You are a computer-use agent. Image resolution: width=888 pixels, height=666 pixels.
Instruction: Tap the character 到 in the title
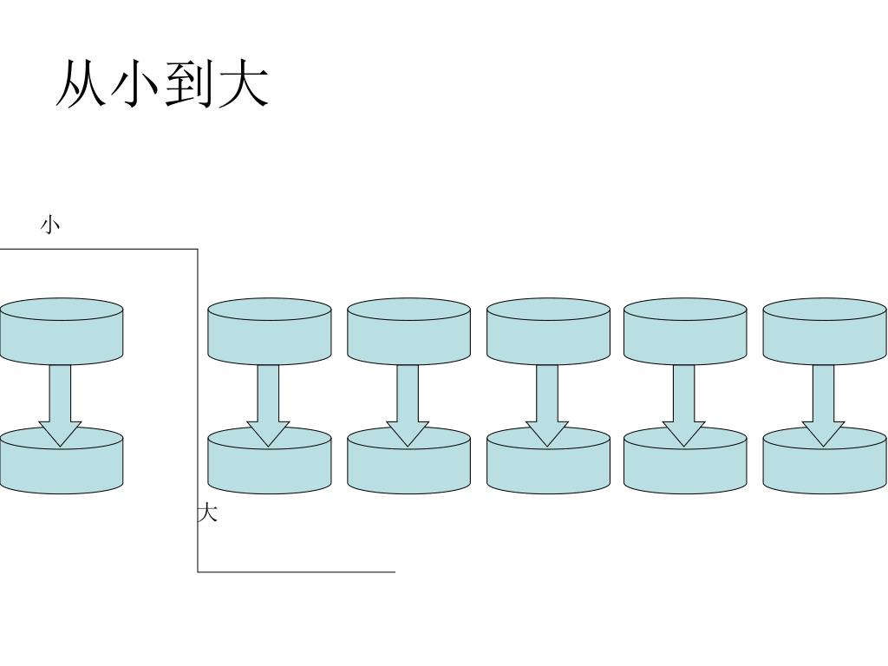pyautogui.click(x=189, y=84)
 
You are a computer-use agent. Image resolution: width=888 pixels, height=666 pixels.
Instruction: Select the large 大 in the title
pyautogui.click(x=243, y=84)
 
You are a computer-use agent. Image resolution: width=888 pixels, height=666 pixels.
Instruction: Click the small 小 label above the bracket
pyautogui.click(x=51, y=225)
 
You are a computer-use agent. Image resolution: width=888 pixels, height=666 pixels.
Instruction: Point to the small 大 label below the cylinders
pyautogui.click(x=207, y=513)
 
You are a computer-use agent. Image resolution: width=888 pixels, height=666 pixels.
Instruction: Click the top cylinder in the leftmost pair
pyautogui.click(x=61, y=331)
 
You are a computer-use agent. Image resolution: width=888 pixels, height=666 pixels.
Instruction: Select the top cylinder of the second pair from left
pyautogui.click(x=270, y=331)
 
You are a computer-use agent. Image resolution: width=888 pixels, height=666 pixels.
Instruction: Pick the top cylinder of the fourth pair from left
pyautogui.click(x=548, y=331)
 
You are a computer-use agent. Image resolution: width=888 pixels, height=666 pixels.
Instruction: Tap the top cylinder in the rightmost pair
pyautogui.click(x=825, y=331)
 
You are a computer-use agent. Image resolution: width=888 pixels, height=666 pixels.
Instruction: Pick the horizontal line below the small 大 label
pyautogui.click(x=295, y=572)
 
